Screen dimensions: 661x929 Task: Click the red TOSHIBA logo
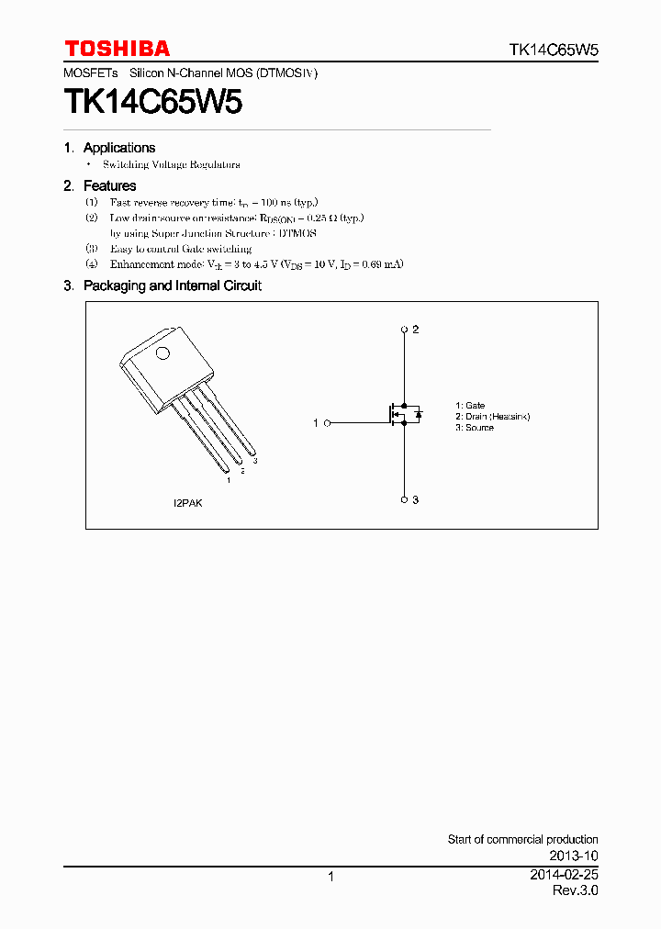pyautogui.click(x=117, y=49)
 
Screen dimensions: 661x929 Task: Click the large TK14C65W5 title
pyautogui.click(x=153, y=102)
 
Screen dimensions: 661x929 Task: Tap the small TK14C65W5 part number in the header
pyautogui.click(x=554, y=50)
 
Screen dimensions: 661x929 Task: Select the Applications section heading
pyautogui.click(x=118, y=148)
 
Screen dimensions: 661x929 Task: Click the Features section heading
pyautogui.click(x=109, y=186)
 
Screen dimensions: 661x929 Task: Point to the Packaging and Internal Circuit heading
pyautogui.click(x=172, y=286)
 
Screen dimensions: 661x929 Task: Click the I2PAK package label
pyautogui.click(x=188, y=504)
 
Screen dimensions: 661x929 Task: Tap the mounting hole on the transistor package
pyautogui.click(x=162, y=354)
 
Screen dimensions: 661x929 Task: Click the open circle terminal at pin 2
pyautogui.click(x=404, y=329)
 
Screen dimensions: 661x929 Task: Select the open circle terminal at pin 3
pyautogui.click(x=404, y=499)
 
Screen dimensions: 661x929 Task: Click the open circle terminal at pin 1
pyautogui.click(x=328, y=423)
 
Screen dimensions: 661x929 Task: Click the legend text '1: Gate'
pyautogui.click(x=470, y=405)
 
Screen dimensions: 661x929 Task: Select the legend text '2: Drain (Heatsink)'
pyautogui.click(x=492, y=417)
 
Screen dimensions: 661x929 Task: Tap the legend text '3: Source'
pyautogui.click(x=474, y=428)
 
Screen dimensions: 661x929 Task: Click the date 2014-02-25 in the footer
pyautogui.click(x=564, y=876)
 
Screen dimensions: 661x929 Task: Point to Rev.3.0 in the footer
pyautogui.click(x=575, y=891)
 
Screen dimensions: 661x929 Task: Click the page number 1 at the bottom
pyautogui.click(x=330, y=878)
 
